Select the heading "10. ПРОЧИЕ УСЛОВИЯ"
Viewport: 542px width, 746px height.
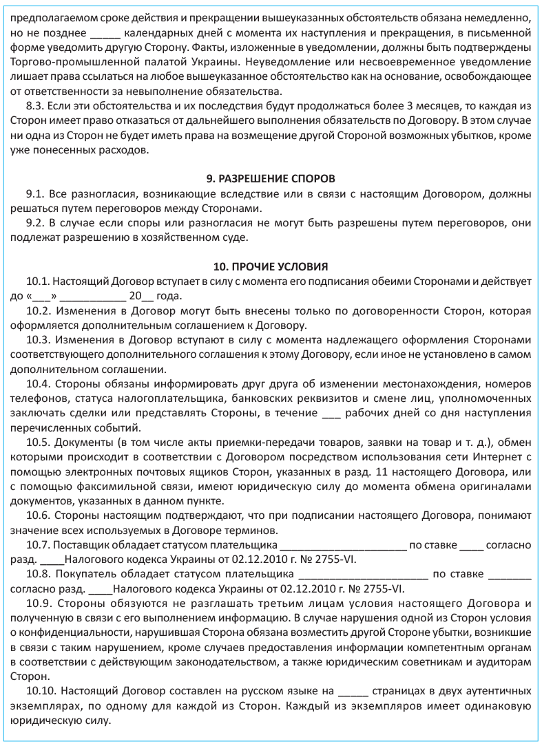(x=271, y=266)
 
